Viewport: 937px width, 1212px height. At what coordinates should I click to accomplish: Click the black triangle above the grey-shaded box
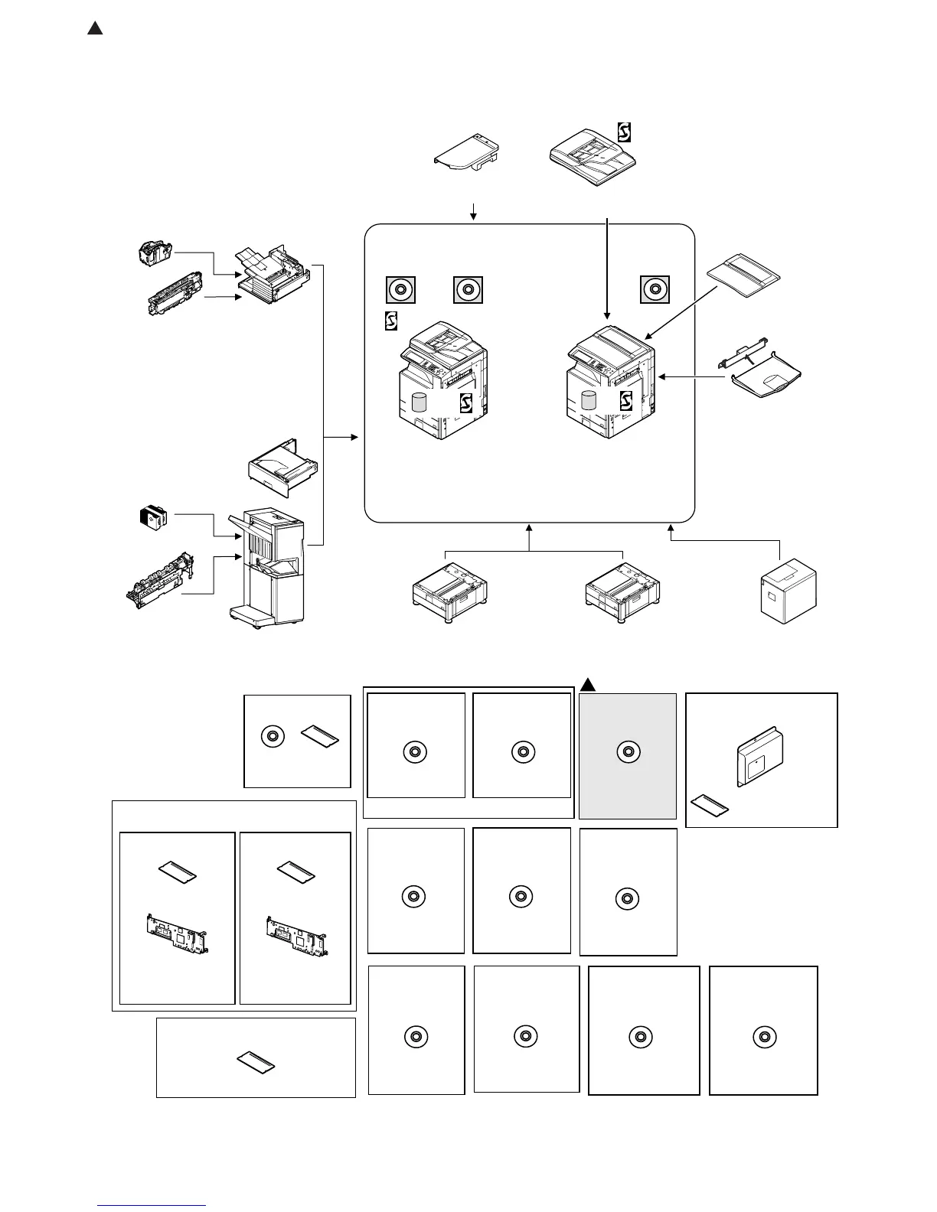587,684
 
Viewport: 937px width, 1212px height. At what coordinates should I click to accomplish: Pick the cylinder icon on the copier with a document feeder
419,402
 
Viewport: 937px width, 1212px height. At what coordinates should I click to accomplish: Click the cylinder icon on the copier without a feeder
589,400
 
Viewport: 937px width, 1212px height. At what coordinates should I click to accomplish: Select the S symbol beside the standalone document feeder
624,132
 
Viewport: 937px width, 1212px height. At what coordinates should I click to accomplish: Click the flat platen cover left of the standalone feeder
468,151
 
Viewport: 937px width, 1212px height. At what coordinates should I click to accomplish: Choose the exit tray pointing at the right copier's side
762,373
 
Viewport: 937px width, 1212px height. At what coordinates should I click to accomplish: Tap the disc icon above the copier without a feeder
655,290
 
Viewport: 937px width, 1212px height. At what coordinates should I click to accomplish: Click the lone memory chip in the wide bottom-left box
256,1061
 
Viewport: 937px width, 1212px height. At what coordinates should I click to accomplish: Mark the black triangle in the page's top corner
95,29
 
